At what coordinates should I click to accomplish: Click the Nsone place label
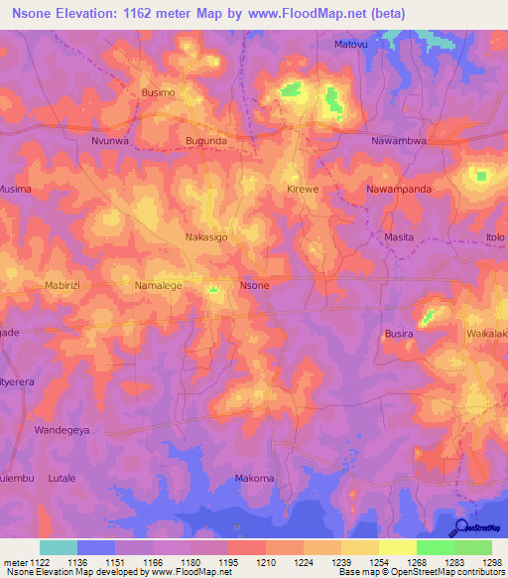255,285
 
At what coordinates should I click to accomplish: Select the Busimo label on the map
159,92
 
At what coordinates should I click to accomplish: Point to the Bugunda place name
206,141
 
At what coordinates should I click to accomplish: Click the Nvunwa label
110,141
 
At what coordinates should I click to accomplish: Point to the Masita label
398,237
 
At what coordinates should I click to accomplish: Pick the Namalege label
159,285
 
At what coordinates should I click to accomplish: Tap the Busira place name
398,335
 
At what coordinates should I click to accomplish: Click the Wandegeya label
63,431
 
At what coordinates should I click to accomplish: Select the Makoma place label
254,479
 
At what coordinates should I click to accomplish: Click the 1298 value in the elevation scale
492,562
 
